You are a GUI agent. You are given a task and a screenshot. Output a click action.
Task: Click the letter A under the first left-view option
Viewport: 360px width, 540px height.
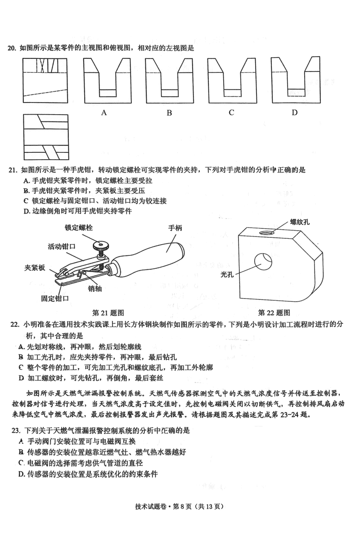tap(104, 112)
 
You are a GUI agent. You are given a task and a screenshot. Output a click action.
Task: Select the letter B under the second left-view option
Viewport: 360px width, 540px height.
tap(169, 113)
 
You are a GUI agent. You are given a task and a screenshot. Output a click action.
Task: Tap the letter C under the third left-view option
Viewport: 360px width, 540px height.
tap(231, 112)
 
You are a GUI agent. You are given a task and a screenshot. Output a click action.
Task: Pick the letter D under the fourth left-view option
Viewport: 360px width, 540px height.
tap(294, 112)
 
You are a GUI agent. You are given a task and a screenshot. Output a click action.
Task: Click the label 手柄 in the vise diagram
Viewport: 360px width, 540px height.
tap(175, 228)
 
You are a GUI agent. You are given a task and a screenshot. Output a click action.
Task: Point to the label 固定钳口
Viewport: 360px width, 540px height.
tap(55, 298)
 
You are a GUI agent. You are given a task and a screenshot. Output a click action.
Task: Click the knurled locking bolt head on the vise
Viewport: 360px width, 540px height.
tap(99, 246)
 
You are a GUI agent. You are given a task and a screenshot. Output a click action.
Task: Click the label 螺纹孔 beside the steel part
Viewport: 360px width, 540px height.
tap(299, 222)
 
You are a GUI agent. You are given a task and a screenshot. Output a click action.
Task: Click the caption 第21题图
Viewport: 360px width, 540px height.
tap(108, 312)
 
